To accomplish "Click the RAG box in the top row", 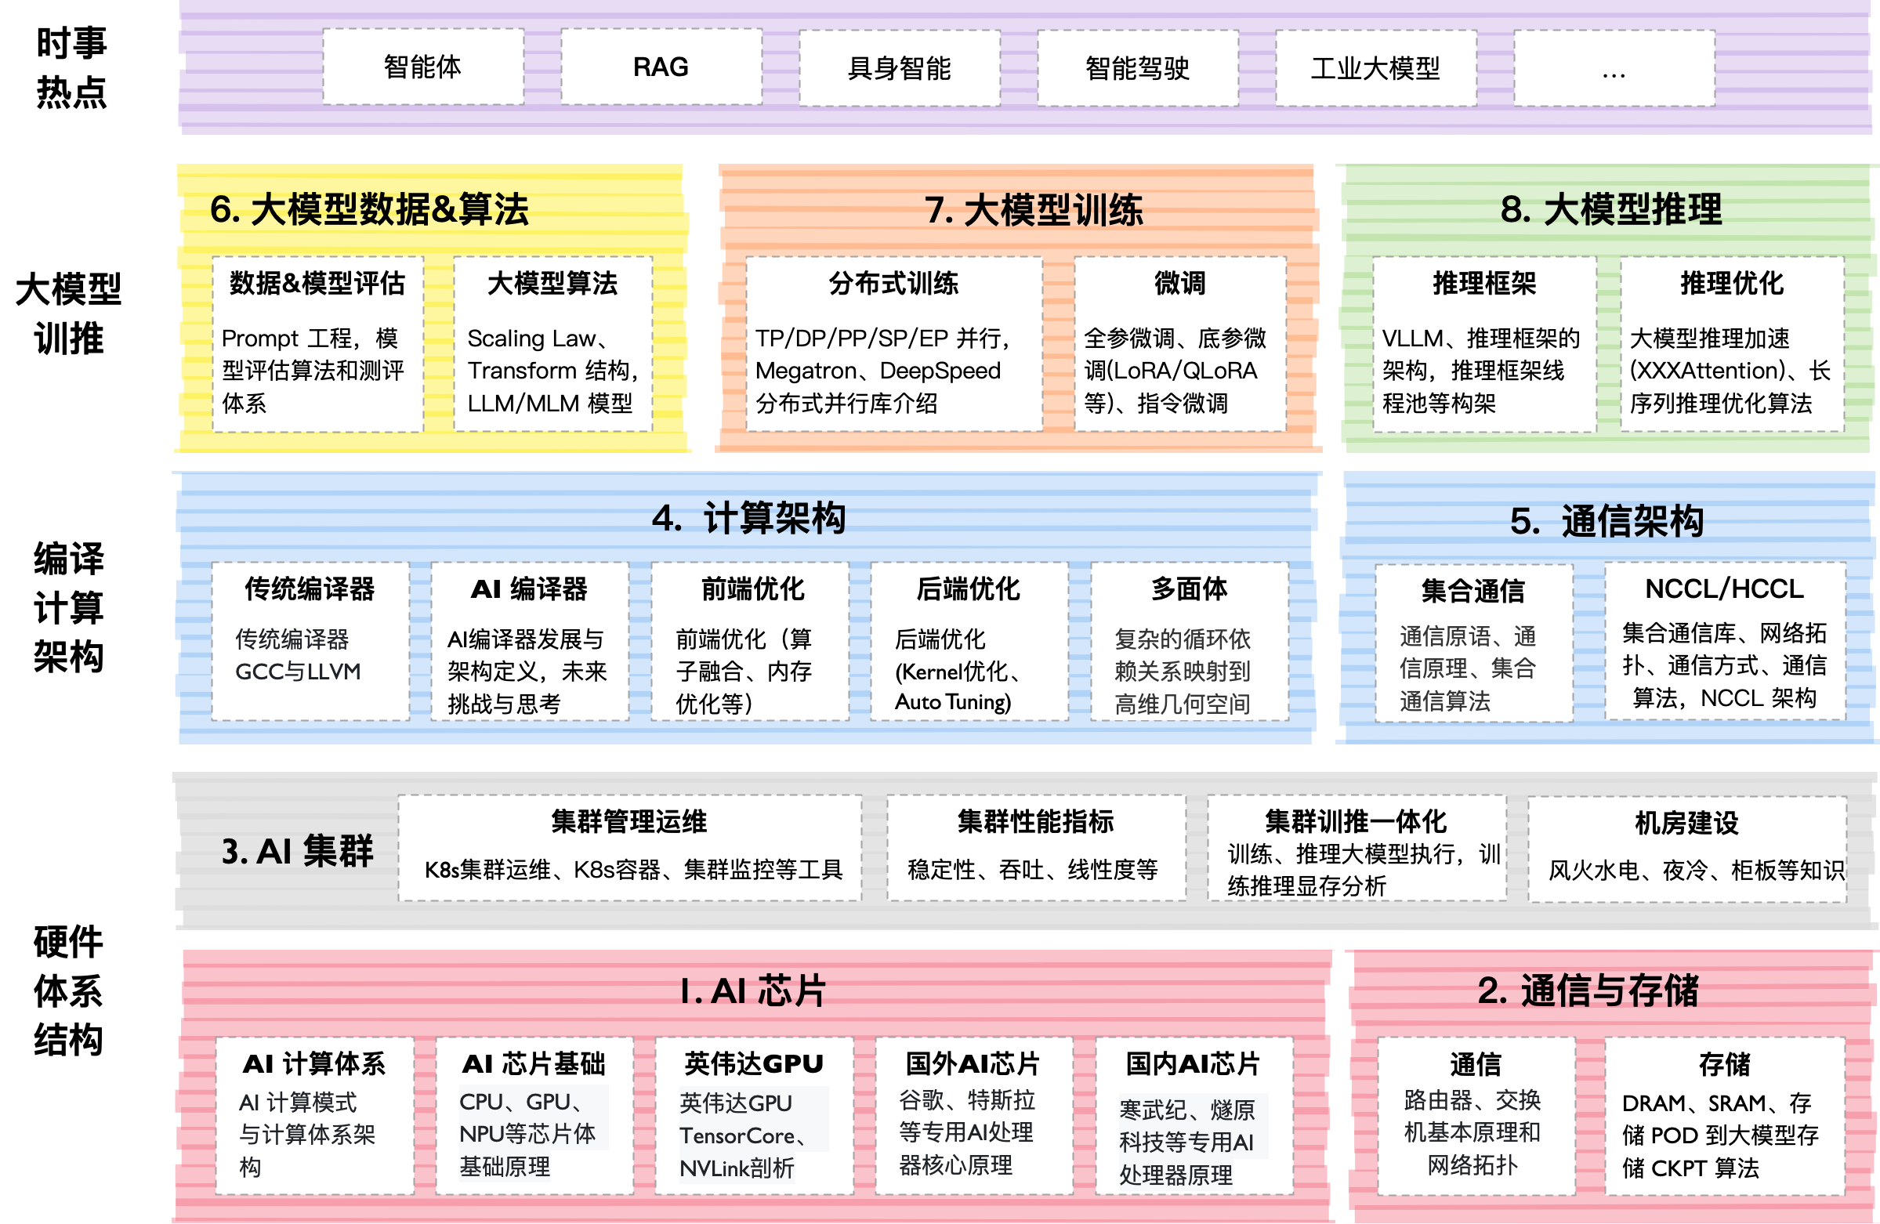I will (661, 67).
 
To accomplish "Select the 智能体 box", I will (422, 67).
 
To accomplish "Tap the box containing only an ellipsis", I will (1613, 69).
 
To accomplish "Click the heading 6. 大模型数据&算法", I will (369, 209).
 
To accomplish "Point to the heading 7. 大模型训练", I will (1033, 210).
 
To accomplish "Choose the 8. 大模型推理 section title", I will (1610, 209).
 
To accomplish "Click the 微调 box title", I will (1179, 283).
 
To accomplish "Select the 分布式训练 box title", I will (893, 283).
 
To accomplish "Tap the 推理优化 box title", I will (1731, 283).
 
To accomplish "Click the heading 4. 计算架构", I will (748, 518).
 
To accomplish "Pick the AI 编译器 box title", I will (529, 588).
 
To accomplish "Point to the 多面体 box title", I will (1189, 588).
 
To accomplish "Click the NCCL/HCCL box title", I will (1724, 588).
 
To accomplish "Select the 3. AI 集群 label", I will (297, 851).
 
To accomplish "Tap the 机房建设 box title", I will (1686, 823).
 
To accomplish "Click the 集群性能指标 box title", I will (1035, 821).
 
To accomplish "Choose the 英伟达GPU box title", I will (754, 1063).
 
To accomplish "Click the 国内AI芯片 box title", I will (1193, 1063).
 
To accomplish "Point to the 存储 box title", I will (1724, 1063).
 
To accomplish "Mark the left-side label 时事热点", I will (71, 67).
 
